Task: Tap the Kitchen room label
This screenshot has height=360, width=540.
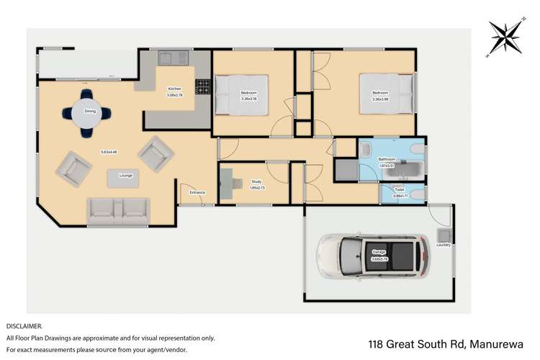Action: coord(175,89)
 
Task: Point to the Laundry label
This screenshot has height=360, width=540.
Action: coord(443,245)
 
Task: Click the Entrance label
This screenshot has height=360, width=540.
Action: coord(197,192)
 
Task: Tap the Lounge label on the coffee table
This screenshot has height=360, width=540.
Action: coord(126,176)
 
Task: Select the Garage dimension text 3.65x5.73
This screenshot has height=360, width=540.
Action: coord(379,258)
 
